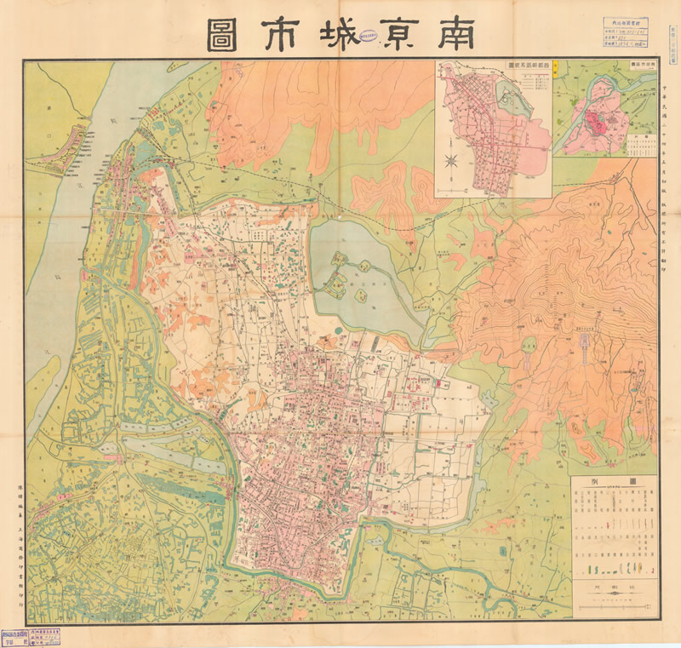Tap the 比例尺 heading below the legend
coord(613,586)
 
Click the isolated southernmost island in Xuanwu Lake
coord(360,295)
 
